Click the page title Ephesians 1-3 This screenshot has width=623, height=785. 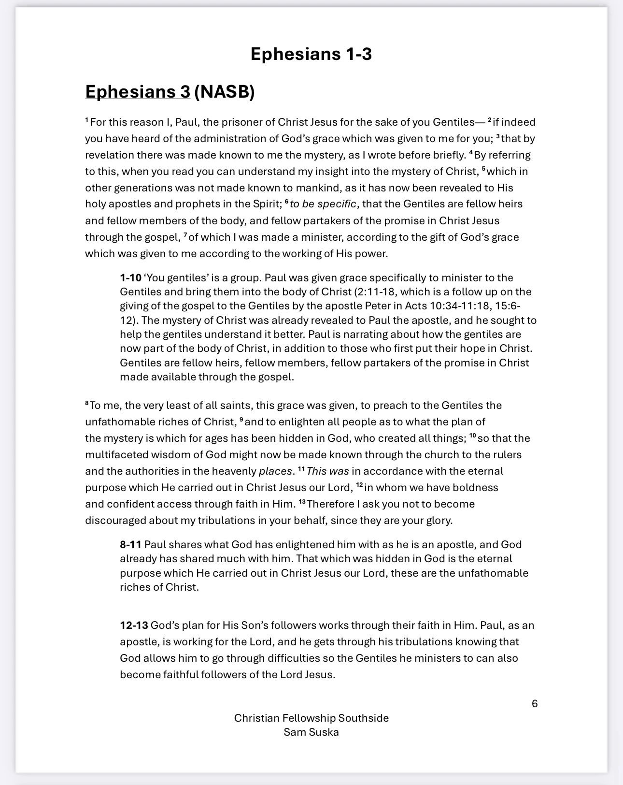tap(311, 54)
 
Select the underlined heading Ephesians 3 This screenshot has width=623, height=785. tap(138, 91)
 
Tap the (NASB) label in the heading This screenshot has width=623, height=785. tap(224, 91)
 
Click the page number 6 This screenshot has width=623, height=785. tap(535, 703)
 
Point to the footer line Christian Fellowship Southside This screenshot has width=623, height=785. tap(311, 718)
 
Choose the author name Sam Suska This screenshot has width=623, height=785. tap(311, 732)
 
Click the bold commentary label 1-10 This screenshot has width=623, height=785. tap(130, 278)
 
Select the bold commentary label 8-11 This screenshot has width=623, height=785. tap(130, 545)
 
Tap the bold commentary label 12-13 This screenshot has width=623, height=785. tap(134, 625)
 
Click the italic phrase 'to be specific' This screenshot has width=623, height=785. tap(323, 204)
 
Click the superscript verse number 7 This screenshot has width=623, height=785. tap(185, 235)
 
